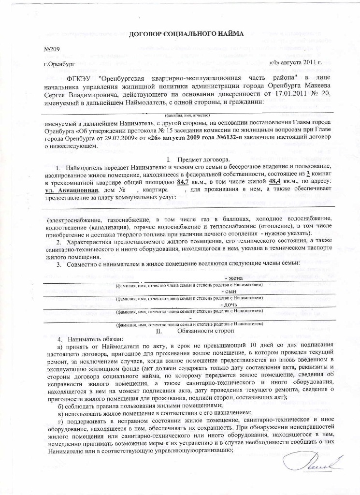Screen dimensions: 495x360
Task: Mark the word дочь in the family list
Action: pos(228,305)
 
